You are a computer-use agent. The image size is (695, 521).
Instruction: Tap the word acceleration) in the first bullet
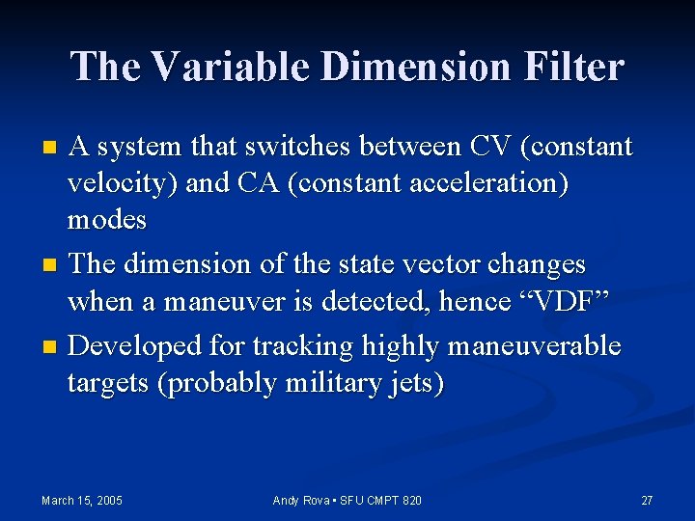tap(386, 184)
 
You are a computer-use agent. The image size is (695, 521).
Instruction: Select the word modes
tap(106, 221)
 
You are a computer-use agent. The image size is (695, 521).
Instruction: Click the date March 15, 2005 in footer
tap(82, 500)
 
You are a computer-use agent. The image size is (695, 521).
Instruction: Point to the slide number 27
tap(647, 500)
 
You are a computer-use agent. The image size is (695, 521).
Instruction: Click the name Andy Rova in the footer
tap(302, 500)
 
